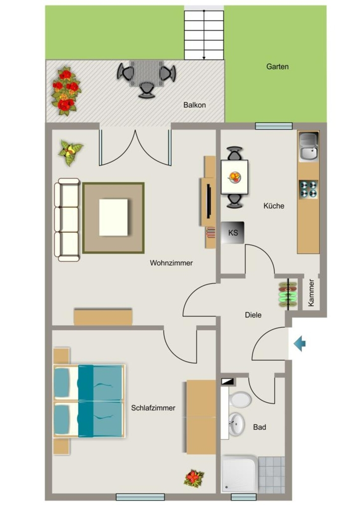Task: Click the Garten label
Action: [277, 67]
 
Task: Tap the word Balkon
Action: [195, 105]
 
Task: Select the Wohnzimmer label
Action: [171, 263]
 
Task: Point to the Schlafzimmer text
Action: [153, 408]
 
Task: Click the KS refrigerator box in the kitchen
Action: [233, 233]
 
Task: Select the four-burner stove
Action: [308, 189]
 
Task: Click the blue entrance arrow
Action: [300, 344]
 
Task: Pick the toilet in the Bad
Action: [240, 398]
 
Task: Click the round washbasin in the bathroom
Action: [237, 424]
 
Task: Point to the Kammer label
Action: [311, 293]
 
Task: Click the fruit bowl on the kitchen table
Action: [235, 177]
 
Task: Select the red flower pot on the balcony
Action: [66, 91]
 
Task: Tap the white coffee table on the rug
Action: [114, 217]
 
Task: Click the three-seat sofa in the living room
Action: [67, 220]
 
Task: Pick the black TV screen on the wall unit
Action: [209, 201]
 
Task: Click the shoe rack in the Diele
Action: [288, 294]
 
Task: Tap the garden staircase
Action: [204, 35]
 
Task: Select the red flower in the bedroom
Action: [194, 479]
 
